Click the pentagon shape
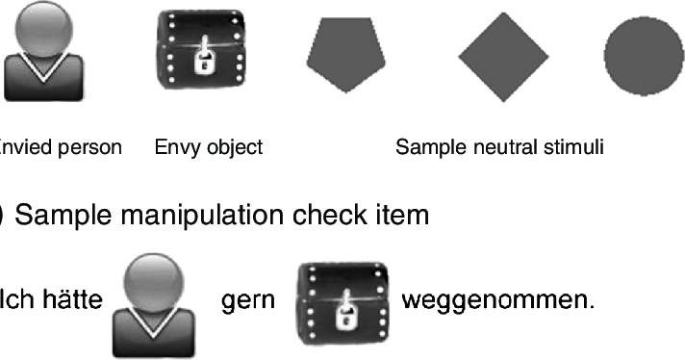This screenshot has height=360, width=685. [346, 56]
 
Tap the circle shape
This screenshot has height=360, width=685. [643, 57]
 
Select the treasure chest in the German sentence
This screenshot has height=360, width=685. [341, 301]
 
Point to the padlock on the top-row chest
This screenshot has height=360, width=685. [204, 64]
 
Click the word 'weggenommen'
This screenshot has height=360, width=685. [496, 301]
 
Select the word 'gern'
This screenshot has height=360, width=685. [248, 301]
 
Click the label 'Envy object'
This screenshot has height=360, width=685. [208, 147]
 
